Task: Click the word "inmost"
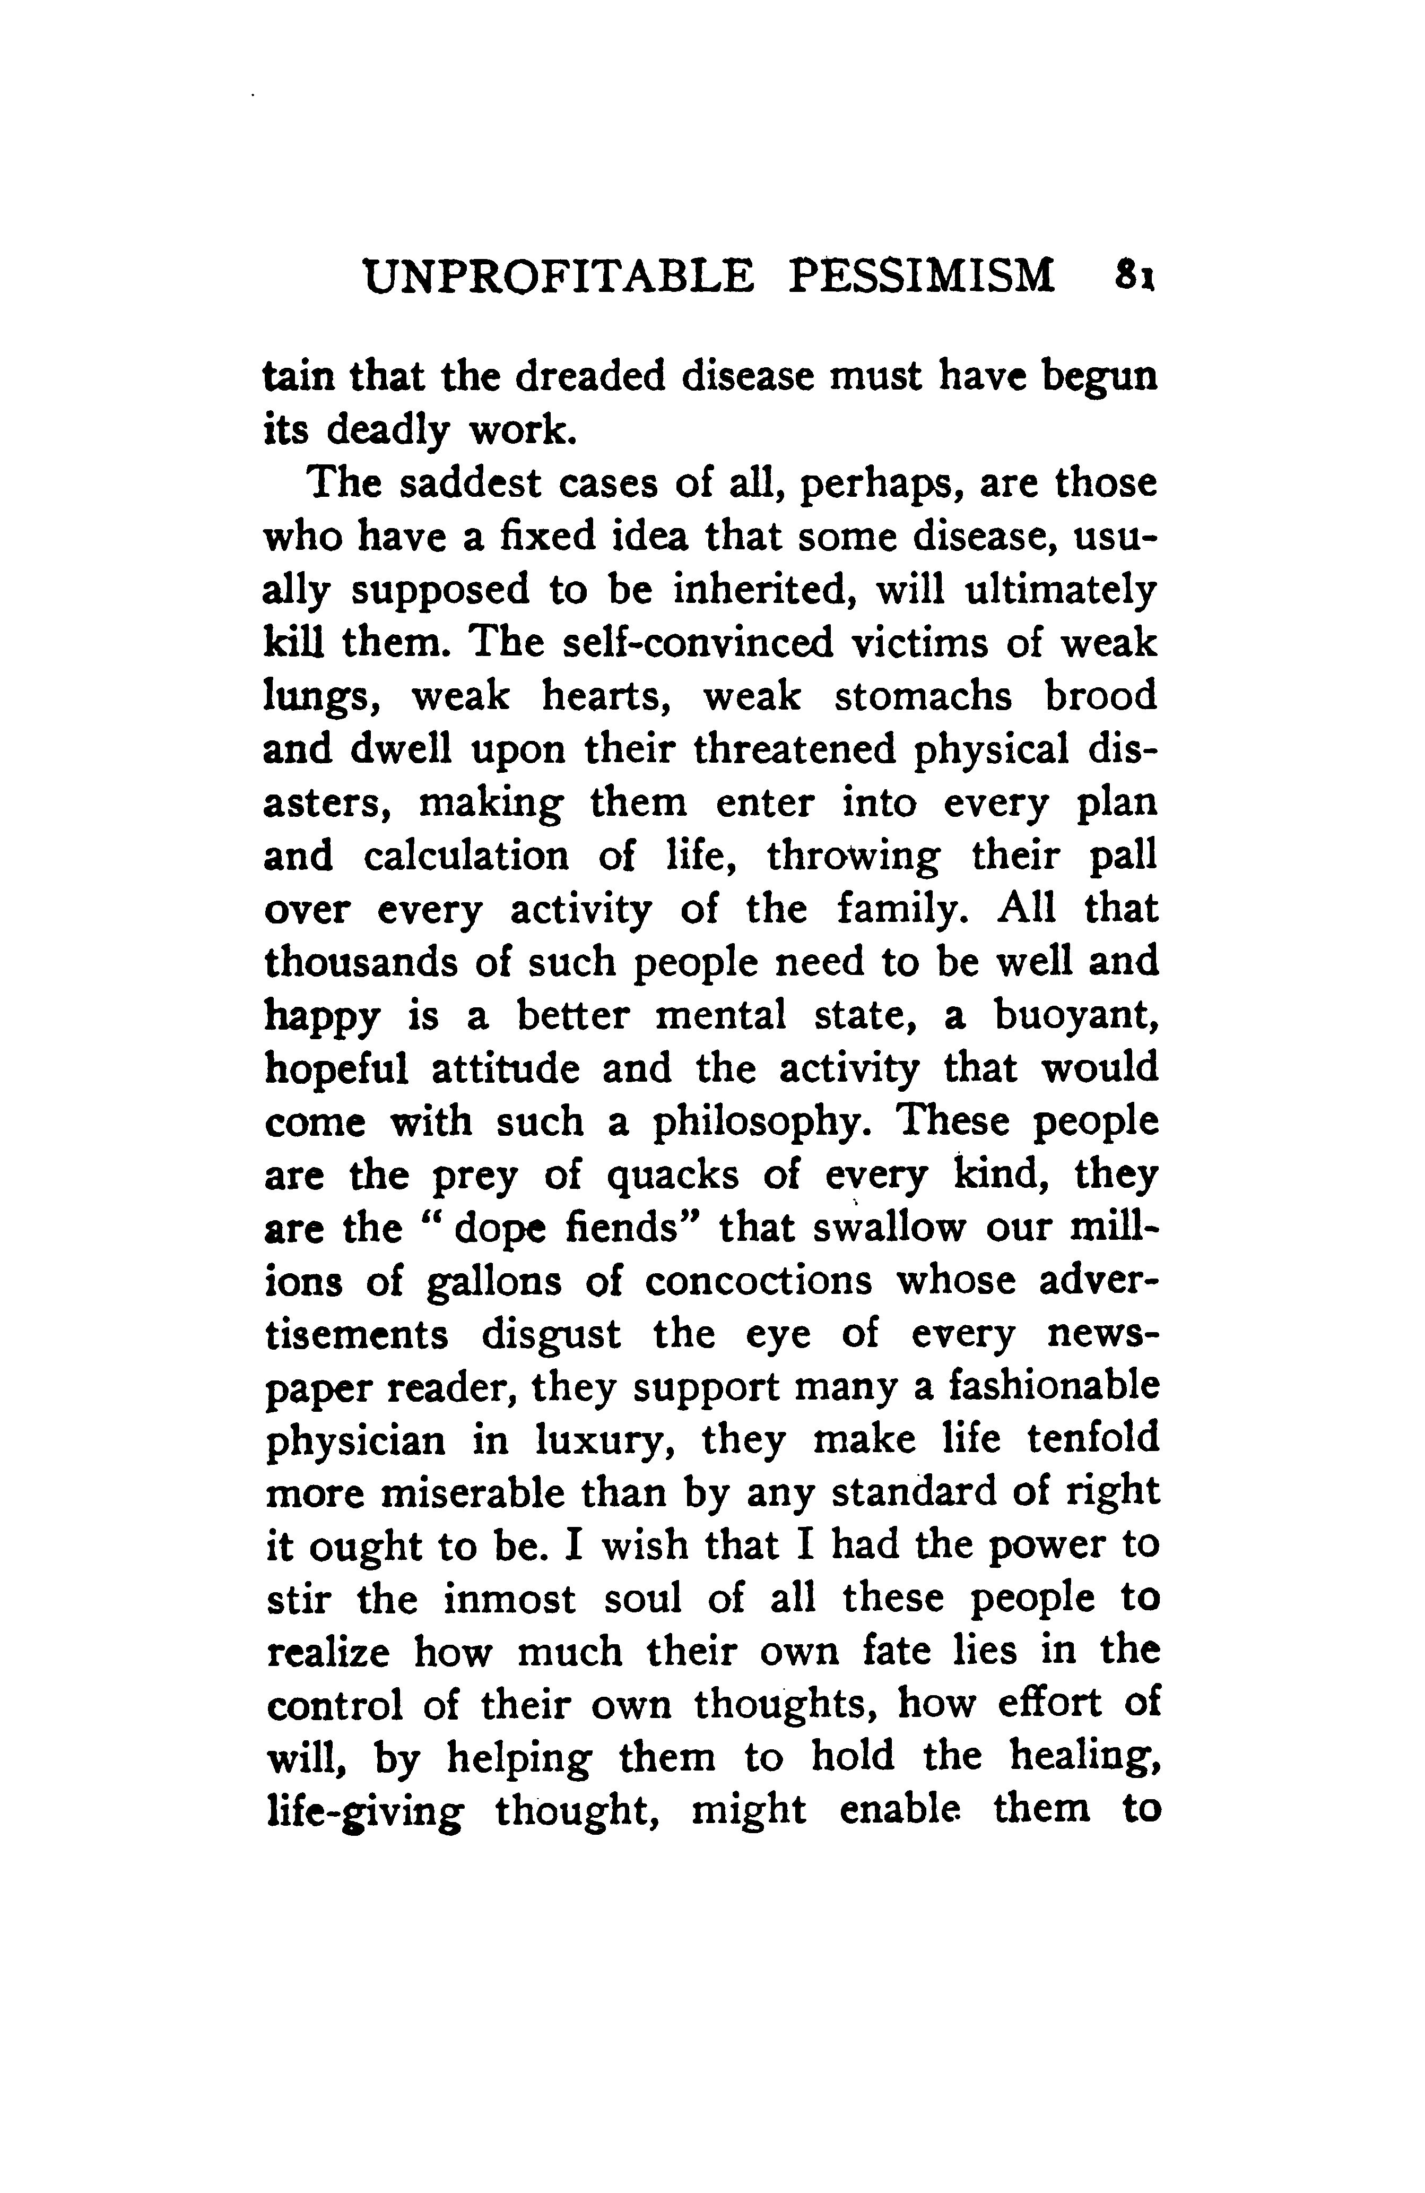point(509,1600)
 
